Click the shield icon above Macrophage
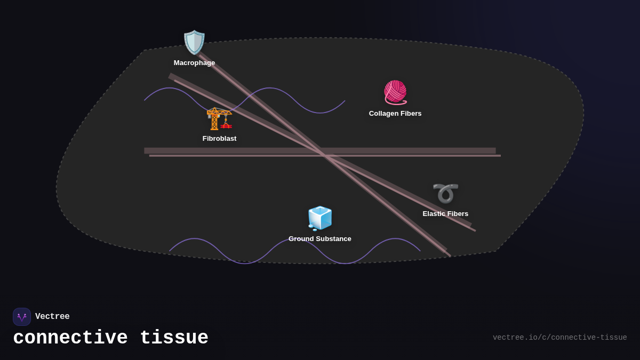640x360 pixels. pyautogui.click(x=194, y=42)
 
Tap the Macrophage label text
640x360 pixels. pyautogui.click(x=194, y=63)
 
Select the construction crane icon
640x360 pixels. pyautogui.click(x=219, y=118)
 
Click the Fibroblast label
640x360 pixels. pyautogui.click(x=219, y=139)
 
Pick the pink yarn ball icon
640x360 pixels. pyautogui.click(x=395, y=92)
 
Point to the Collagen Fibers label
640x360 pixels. pyautogui.click(x=395, y=114)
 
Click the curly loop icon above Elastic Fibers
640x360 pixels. pyautogui.click(x=445, y=193)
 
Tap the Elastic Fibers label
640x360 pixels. pyautogui.click(x=445, y=214)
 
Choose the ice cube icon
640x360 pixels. pyautogui.click(x=320, y=218)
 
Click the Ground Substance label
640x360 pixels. pyautogui.click(x=320, y=239)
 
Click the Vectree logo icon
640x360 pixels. pyautogui.click(x=22, y=317)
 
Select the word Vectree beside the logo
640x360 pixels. pyautogui.click(x=52, y=317)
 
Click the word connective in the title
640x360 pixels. pyautogui.click(x=70, y=338)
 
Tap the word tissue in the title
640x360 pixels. pyautogui.click(x=174, y=338)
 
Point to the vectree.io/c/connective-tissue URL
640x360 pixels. pyautogui.click(x=559, y=338)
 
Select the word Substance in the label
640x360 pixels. pyautogui.click(x=333, y=239)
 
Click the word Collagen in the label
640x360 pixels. pyautogui.click(x=383, y=114)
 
